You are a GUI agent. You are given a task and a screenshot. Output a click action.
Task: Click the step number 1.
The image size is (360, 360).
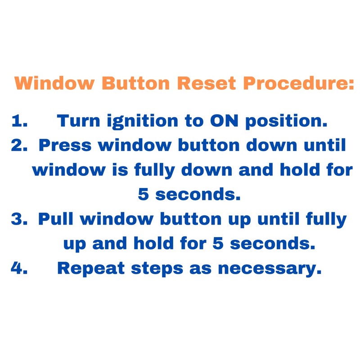click(19, 121)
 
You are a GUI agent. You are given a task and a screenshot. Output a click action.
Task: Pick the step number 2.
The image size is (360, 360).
click(19, 146)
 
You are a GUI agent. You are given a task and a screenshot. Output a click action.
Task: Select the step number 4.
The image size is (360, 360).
click(19, 268)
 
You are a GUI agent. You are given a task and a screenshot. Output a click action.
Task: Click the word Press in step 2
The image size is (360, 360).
click(66, 146)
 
